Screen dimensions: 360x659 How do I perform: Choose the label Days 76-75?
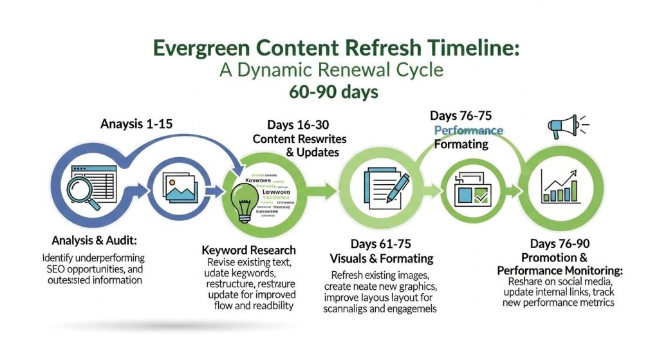[460, 116]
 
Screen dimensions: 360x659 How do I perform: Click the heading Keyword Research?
[248, 250]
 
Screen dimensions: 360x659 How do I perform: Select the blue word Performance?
[469, 131]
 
